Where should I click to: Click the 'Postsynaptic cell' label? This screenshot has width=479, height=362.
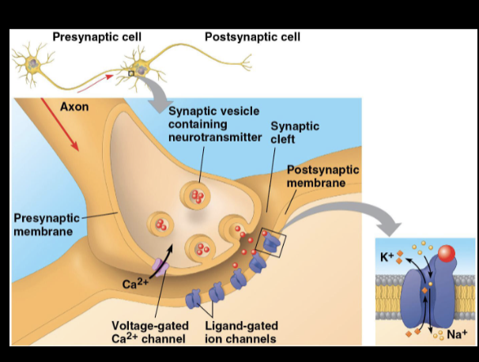click(252, 37)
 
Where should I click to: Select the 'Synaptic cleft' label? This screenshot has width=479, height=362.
click(294, 132)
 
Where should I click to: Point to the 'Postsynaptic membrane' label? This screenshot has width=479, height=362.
click(322, 176)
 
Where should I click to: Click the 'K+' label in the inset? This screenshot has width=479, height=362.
click(387, 257)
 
